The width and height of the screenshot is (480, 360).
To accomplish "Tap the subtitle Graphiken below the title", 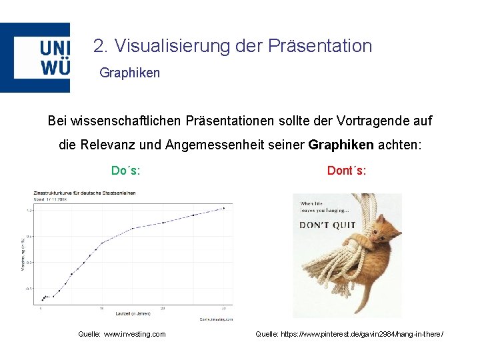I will pos(129,73).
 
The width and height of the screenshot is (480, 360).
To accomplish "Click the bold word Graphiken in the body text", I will pos(341,145).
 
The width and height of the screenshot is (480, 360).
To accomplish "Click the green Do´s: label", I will pos(125,171).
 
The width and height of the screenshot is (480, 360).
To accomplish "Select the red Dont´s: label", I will pos(347,171).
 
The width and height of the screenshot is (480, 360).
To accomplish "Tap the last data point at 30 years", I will pos(224,208).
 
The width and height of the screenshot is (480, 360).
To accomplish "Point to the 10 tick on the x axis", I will pos(101,308).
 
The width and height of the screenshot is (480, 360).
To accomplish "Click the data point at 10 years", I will pos(101,243).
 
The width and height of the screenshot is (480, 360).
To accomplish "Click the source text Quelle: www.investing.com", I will pos(122,334).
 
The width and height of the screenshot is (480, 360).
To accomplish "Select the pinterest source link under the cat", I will pos(349,334).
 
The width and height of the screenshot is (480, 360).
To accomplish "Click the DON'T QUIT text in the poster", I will pos(327,225).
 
